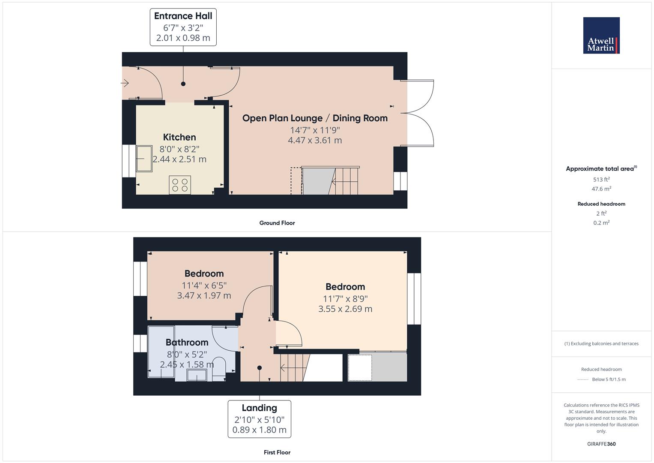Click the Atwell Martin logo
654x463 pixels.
[601, 36]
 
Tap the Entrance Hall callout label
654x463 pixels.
[183, 27]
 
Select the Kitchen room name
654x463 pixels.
[179, 137]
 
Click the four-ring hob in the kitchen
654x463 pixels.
[180, 185]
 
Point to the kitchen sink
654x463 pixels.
[144, 159]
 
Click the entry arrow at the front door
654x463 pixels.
[126, 83]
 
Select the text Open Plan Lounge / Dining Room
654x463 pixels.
[315, 118]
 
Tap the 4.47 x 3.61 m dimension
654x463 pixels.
[315, 140]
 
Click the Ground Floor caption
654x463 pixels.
[277, 223]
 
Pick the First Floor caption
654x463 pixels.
[277, 452]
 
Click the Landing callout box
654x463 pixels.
[259, 419]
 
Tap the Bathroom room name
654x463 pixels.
[187, 342]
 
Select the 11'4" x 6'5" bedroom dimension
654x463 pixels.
[204, 285]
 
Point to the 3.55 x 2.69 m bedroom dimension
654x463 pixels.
[345, 309]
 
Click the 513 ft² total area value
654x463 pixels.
[601, 180]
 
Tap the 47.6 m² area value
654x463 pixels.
[601, 189]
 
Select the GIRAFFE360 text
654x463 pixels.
[601, 444]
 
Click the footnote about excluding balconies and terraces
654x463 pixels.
[601, 343]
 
